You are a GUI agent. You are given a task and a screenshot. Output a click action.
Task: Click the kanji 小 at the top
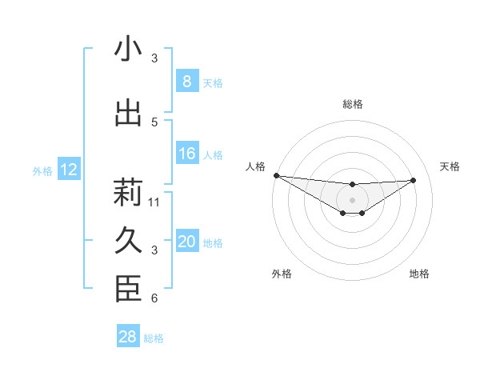(128, 50)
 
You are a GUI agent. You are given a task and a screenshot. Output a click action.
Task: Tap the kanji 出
(128, 114)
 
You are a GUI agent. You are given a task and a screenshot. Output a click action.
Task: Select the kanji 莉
(128, 193)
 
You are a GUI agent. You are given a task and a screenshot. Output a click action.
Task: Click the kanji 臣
(128, 290)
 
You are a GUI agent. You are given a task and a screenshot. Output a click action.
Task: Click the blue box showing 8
(186, 82)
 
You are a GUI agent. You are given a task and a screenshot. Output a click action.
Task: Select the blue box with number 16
(186, 154)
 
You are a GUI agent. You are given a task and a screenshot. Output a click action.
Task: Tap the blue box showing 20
(186, 242)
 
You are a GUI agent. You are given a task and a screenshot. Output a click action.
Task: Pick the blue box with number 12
(68, 170)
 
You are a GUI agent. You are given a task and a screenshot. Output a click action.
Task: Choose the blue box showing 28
(128, 337)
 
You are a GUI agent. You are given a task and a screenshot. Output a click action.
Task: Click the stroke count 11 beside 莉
(154, 202)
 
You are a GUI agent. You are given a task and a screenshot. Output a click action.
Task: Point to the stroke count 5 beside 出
(154, 122)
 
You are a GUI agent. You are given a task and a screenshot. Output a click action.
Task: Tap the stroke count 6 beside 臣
(154, 298)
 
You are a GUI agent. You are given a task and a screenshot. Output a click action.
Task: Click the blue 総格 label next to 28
(154, 338)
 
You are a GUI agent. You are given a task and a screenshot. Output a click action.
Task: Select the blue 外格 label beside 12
(42, 170)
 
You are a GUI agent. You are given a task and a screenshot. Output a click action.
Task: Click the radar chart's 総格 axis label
(352, 104)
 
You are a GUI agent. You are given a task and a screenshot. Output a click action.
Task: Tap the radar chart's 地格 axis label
(419, 274)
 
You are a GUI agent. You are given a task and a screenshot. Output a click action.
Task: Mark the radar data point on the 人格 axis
(276, 175)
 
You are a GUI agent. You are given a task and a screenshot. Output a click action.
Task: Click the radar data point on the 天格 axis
(414, 180)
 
